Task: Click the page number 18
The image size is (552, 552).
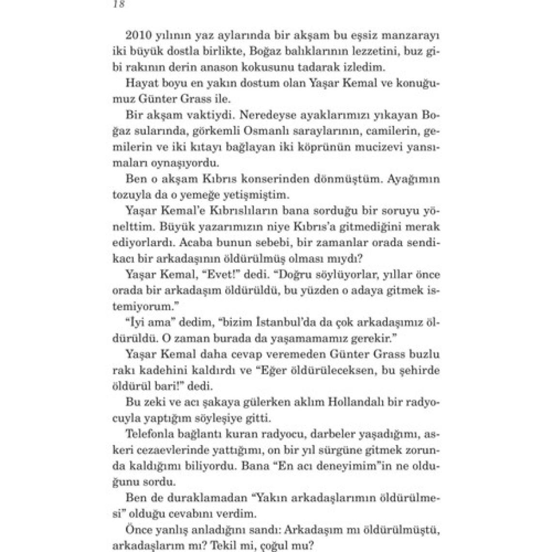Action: click(118, 5)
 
